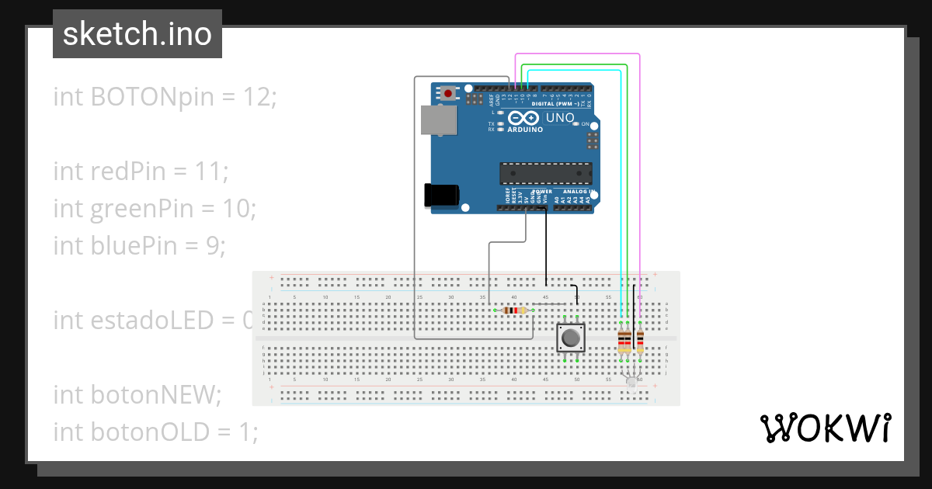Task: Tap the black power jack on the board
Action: coord(440,195)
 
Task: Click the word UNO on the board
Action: coord(560,118)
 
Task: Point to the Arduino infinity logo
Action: coord(525,118)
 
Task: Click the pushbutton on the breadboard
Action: coord(571,338)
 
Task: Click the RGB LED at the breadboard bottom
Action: coord(631,381)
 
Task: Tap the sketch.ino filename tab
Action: coord(137,34)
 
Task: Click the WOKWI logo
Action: coord(825,428)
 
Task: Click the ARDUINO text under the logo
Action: coord(525,130)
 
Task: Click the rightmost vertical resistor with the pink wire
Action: coord(640,340)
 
